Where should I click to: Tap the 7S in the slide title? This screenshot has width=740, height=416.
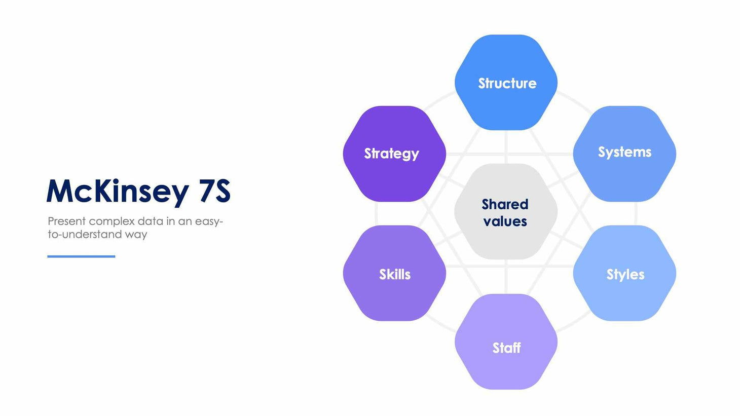[x=215, y=191]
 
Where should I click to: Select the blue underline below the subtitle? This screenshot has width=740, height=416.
[x=81, y=256]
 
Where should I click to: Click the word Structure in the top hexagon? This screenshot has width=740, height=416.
[x=507, y=83]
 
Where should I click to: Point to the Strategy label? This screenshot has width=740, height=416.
[x=391, y=154]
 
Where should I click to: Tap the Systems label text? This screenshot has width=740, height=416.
[x=624, y=152]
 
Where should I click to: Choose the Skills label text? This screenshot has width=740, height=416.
[x=395, y=274]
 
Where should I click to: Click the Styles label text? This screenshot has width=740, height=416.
[x=625, y=275]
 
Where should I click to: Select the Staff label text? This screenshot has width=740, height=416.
[x=506, y=348]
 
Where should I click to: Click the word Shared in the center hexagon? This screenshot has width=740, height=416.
[x=505, y=204]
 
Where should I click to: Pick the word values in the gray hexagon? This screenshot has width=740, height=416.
[x=505, y=221]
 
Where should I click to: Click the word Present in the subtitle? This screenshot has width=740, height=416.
[x=66, y=221]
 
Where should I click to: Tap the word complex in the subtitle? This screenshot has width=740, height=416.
[x=112, y=221]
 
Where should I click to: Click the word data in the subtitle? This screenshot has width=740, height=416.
[x=150, y=221]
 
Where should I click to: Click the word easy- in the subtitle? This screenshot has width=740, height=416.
[x=209, y=221]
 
